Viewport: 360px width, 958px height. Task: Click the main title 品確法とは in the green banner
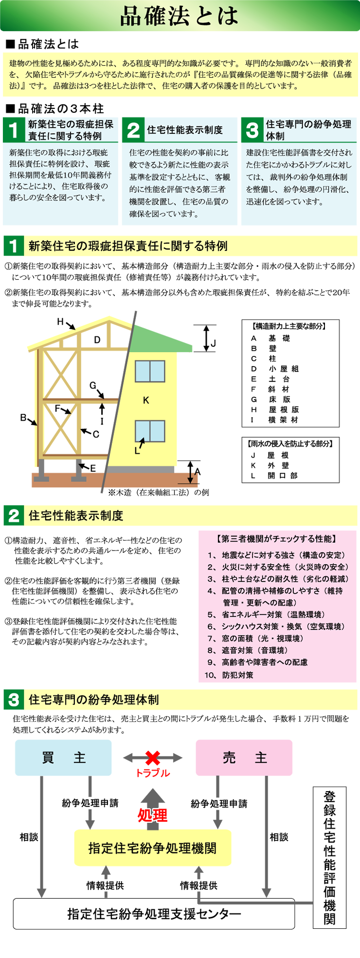pyautogui.click(x=180, y=16)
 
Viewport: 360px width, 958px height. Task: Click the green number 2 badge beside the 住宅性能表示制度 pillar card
pyautogui.click(x=133, y=130)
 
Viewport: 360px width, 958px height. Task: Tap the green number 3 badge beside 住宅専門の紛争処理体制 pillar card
pyautogui.click(x=252, y=130)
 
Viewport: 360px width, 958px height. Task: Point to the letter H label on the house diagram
pyautogui.click(x=60, y=321)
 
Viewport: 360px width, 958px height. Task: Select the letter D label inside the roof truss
pyautogui.click(x=97, y=340)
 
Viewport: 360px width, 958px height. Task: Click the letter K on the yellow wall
pyautogui.click(x=146, y=400)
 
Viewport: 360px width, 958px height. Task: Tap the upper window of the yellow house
pyautogui.click(x=150, y=371)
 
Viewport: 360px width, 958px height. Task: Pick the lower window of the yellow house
pyautogui.click(x=150, y=431)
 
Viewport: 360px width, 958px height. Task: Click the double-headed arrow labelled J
pyautogui.click(x=206, y=337)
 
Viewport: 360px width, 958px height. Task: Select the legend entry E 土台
pyautogui.click(x=270, y=379)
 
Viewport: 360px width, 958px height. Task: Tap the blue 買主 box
pyautogui.click(x=63, y=758)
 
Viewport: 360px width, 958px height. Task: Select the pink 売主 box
pyautogui.click(x=244, y=758)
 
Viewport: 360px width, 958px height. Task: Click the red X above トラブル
pyautogui.click(x=153, y=758)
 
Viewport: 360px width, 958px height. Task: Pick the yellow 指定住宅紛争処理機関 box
pyautogui.click(x=152, y=848)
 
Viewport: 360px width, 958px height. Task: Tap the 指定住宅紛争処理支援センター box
pyautogui.click(x=154, y=914)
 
